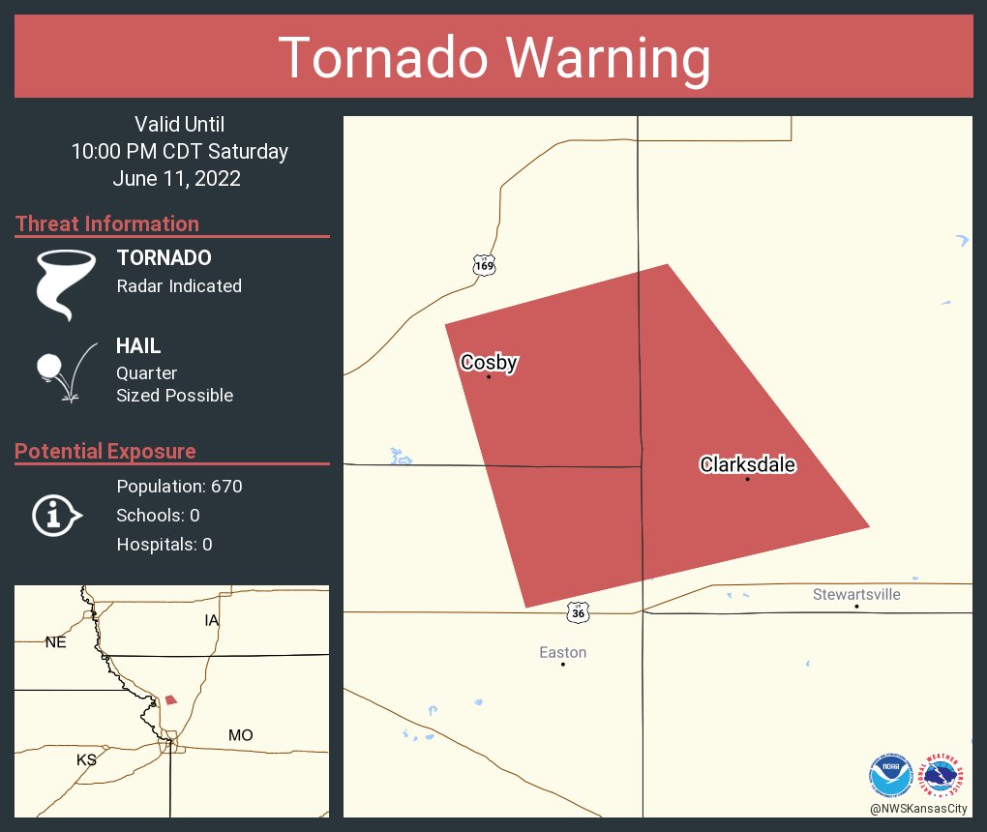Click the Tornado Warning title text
(x=493, y=58)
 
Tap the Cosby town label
(x=489, y=363)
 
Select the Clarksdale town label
(x=747, y=465)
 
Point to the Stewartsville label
(x=856, y=594)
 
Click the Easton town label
(x=562, y=653)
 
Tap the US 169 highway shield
(x=484, y=264)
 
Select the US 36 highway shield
(x=578, y=612)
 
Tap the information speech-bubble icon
(x=56, y=515)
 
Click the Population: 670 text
(x=179, y=486)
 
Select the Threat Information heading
(x=107, y=223)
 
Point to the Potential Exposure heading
(x=105, y=451)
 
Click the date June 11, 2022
(x=176, y=178)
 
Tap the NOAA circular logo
(x=890, y=775)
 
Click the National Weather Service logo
(x=944, y=775)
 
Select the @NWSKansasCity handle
(x=918, y=809)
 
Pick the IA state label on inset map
(x=212, y=619)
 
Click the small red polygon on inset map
(x=171, y=698)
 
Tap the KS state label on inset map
(x=86, y=759)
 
